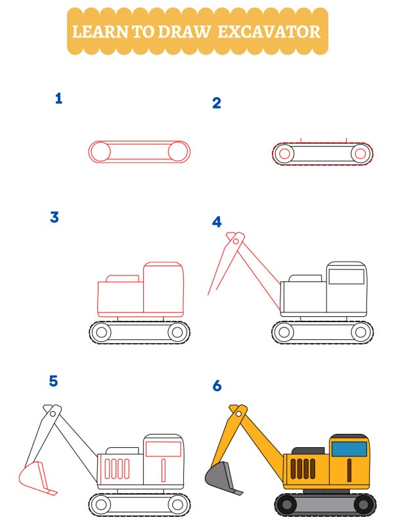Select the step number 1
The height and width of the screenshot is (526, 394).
58,99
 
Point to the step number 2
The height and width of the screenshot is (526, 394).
216,103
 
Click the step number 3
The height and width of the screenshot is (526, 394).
55,217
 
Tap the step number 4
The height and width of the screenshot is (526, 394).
217,222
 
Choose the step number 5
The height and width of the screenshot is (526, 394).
53,381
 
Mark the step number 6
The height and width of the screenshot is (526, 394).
217,386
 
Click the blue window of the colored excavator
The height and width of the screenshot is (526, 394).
349,449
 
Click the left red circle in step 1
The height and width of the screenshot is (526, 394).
100,152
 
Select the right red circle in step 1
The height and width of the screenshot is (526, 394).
177,152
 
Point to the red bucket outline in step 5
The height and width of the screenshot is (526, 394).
35,476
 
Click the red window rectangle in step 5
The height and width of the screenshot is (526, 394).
163,449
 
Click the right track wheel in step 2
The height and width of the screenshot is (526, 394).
359,154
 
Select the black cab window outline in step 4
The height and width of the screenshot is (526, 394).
346,276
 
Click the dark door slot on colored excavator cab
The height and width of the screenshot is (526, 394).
349,469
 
